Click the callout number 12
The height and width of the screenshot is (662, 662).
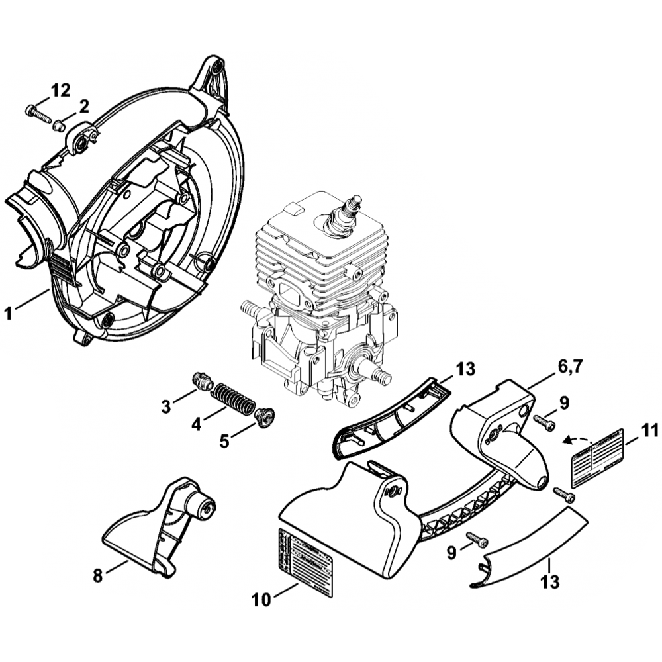coord(60,90)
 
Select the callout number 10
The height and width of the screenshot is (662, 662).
coord(261,600)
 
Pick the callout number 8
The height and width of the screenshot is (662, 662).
coord(99,576)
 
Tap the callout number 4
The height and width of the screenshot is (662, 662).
coord(196,423)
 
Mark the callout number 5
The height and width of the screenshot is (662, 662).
coord(224,440)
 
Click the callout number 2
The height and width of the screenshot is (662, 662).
coord(84,106)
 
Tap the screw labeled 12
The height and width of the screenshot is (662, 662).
coord(38,114)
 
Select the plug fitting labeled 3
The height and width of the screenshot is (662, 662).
coord(201,381)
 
